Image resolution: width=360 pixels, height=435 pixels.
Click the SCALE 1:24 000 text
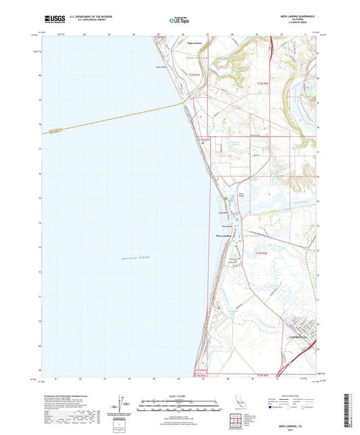click(x=179, y=396)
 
